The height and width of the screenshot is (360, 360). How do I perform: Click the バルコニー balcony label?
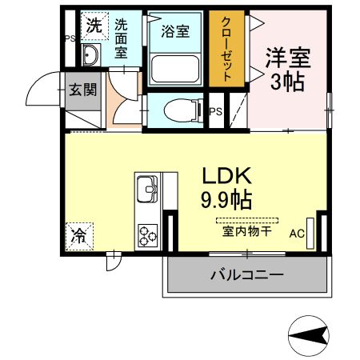click(247, 275)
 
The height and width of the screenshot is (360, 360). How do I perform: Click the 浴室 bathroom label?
click(174, 31)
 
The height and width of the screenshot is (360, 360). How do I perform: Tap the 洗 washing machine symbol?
click(94, 25)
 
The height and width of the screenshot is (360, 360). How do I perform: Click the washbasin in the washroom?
click(90, 54)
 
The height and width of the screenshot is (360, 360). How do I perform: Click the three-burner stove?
click(148, 234)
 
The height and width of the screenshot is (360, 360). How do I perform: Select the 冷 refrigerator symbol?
click(81, 237)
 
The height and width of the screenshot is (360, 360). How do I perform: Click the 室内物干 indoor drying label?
click(246, 233)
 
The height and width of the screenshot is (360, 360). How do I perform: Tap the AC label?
click(297, 234)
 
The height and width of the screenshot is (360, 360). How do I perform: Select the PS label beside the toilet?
click(214, 111)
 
